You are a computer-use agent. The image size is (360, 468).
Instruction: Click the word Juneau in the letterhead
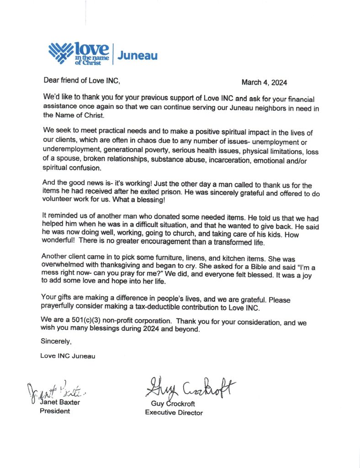(x=138, y=56)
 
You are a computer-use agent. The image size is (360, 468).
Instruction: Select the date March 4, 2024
(x=264, y=83)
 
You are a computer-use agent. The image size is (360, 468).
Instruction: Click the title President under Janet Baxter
(x=55, y=411)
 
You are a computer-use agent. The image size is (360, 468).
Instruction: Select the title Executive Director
(x=174, y=413)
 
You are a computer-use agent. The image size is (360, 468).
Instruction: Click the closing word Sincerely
(x=56, y=340)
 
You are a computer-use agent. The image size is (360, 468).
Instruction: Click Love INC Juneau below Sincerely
(x=68, y=356)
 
